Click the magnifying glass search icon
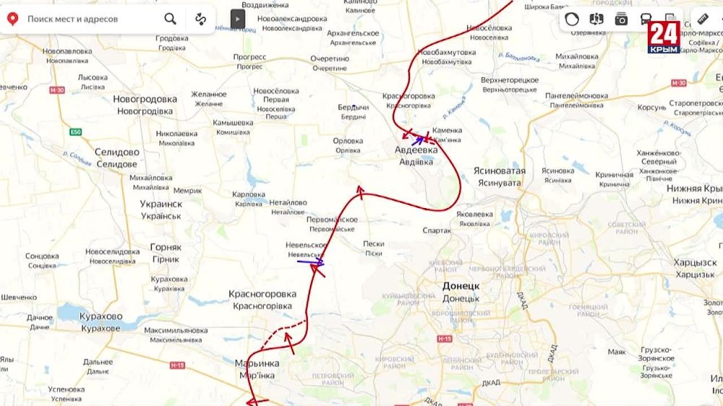tap(170, 19)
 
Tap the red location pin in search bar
tap(12, 19)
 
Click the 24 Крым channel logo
tap(663, 36)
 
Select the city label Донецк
tap(461, 287)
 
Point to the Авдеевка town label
tap(416, 150)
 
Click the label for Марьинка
tap(256, 363)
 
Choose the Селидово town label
tap(116, 152)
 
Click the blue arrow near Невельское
tap(311, 262)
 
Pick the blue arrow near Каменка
tap(418, 140)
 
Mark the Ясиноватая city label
tap(499, 171)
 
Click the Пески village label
tap(374, 244)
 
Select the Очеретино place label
tap(330, 59)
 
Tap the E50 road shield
tap(75, 132)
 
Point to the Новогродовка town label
tap(145, 100)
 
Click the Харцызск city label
tap(696, 262)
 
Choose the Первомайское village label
tap(333, 220)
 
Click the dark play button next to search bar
tap(238, 19)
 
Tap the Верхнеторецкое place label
tap(510, 79)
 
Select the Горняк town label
tap(166, 247)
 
